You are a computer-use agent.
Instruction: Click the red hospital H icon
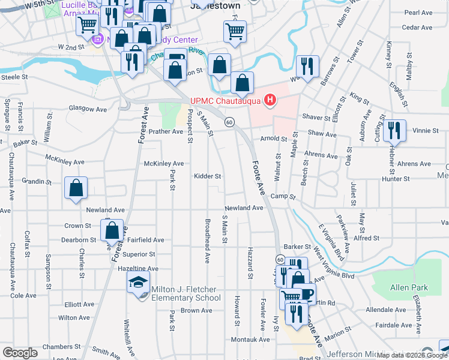point(271,100)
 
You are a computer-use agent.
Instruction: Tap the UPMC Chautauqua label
point(225,100)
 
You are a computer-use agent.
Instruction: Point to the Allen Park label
point(409,288)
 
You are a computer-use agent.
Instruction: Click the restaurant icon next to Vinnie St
point(394,130)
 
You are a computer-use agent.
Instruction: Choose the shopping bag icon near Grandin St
point(76,188)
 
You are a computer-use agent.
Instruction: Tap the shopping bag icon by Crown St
point(112,230)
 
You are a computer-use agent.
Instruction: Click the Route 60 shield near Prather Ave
point(229,122)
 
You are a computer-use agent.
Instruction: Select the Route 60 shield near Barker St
point(280,259)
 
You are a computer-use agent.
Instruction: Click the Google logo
point(20,353)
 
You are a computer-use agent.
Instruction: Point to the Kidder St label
point(208,176)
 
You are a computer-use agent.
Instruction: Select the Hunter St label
point(397,178)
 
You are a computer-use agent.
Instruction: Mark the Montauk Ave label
point(247,340)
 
